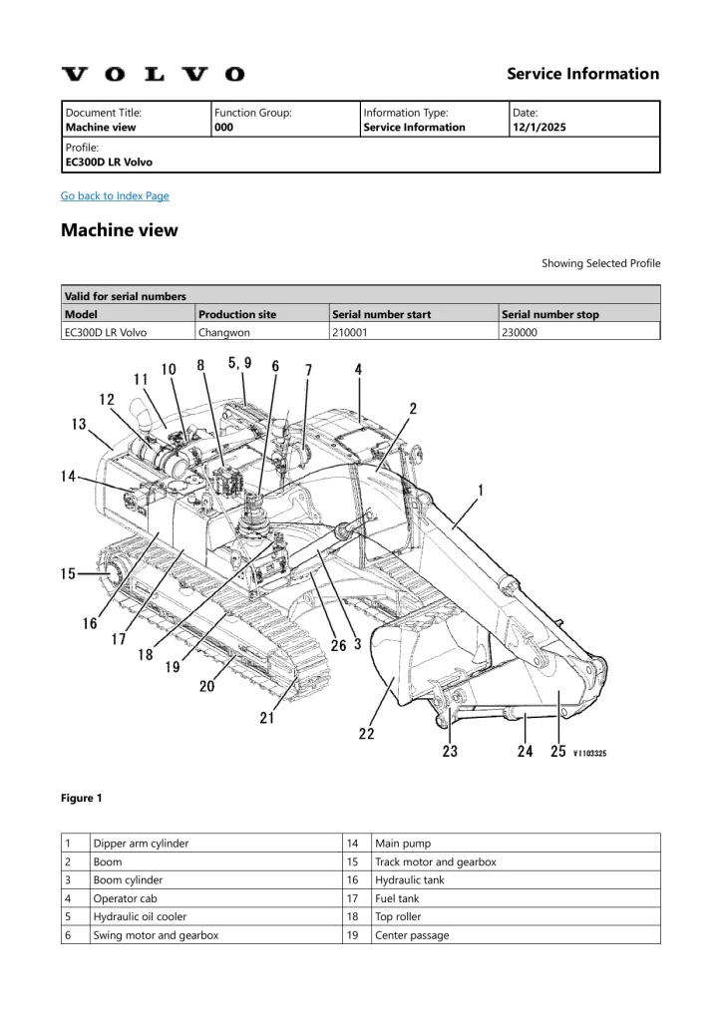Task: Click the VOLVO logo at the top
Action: pyautogui.click(x=153, y=74)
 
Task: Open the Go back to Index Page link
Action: pyautogui.click(x=115, y=195)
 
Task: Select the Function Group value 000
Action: pyautogui.click(x=224, y=128)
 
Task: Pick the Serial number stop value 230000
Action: pyautogui.click(x=520, y=333)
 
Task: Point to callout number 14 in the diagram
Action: pyautogui.click(x=68, y=477)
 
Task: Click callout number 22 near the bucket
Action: pyautogui.click(x=367, y=734)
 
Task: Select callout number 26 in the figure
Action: pyautogui.click(x=339, y=645)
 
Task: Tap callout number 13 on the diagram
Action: pyautogui.click(x=79, y=425)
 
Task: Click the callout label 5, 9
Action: pyautogui.click(x=239, y=362)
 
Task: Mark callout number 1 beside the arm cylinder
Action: pyautogui.click(x=481, y=490)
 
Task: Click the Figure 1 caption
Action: pyautogui.click(x=82, y=798)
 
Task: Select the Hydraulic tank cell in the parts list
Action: pyautogui.click(x=410, y=880)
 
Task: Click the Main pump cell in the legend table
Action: pyautogui.click(x=403, y=844)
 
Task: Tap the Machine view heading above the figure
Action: pyautogui.click(x=120, y=230)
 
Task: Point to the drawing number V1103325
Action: pyautogui.click(x=603, y=754)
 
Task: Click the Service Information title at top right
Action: pyautogui.click(x=582, y=74)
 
